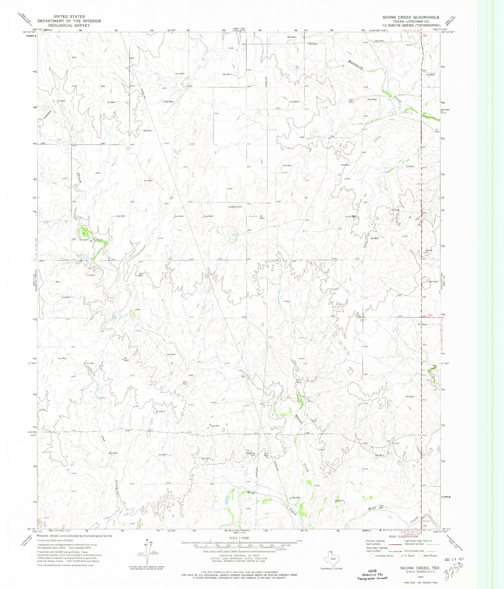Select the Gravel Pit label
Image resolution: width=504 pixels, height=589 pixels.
(427, 251)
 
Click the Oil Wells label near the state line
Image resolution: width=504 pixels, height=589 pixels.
(423, 324)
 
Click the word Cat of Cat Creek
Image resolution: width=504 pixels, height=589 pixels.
(103, 438)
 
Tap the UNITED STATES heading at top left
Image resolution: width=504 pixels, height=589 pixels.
(69, 16)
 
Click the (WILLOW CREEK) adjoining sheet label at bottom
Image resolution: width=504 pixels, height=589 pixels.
(237, 530)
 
